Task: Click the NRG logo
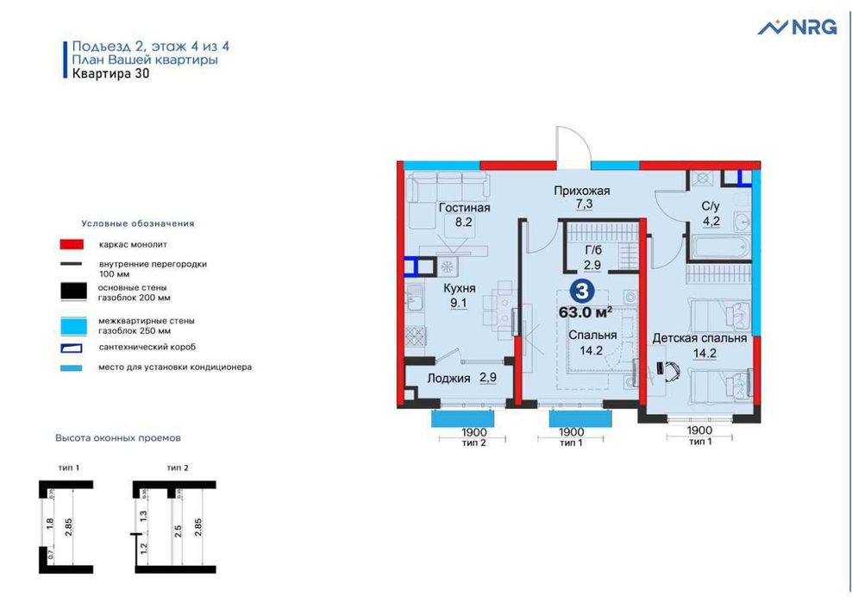pyautogui.click(x=797, y=27)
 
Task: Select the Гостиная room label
pyautogui.click(x=464, y=208)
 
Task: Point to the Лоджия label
pyautogui.click(x=448, y=379)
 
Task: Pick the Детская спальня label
pyautogui.click(x=699, y=338)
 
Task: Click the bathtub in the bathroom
pyautogui.click(x=717, y=247)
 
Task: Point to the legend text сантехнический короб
pyautogui.click(x=147, y=347)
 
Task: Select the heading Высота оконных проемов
pyautogui.click(x=118, y=438)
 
